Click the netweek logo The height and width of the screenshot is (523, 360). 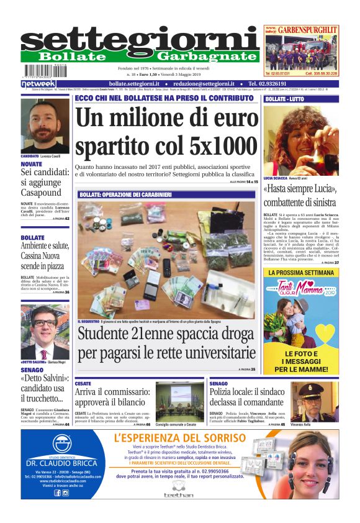[38, 83]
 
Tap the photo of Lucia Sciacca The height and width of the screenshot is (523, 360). [301, 140]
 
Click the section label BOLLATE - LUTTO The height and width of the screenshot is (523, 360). [284, 99]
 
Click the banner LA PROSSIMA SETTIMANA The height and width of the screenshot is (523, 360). [301, 272]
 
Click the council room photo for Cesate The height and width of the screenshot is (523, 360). [179, 401]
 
